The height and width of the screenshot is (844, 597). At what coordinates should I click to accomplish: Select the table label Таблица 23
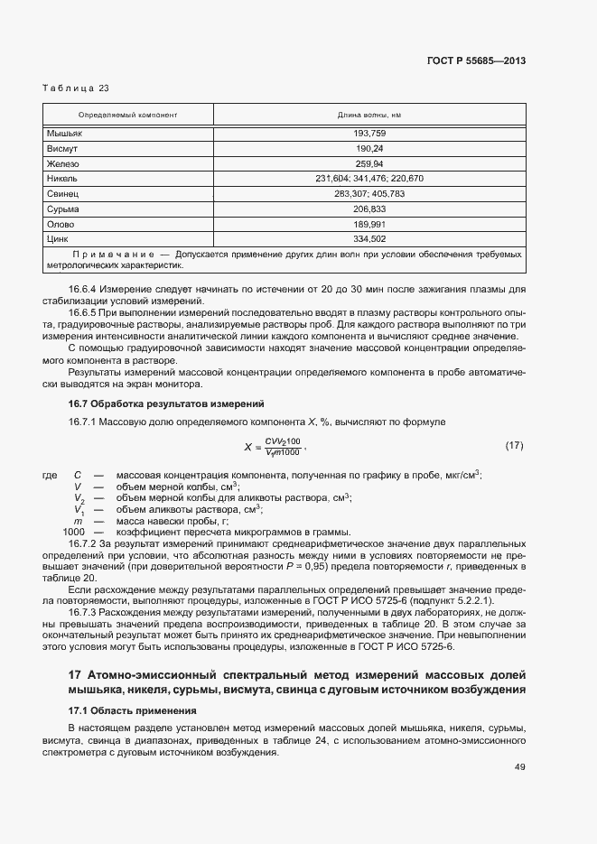coord(76,88)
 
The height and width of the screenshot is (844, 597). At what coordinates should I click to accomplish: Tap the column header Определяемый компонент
coord(127,116)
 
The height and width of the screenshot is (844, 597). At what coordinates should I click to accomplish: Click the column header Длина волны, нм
coord(369,116)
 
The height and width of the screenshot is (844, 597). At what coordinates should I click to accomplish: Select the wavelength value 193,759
coord(369,133)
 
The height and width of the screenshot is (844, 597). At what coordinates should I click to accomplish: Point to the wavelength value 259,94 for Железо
coord(369,163)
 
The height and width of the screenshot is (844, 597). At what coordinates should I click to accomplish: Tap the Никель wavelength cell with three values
coord(369,179)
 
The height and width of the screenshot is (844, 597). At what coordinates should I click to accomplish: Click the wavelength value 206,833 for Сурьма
coord(369,209)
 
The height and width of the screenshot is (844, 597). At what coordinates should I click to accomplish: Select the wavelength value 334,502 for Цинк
coord(369,239)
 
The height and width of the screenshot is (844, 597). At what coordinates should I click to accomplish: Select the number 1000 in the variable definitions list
coord(73,533)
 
